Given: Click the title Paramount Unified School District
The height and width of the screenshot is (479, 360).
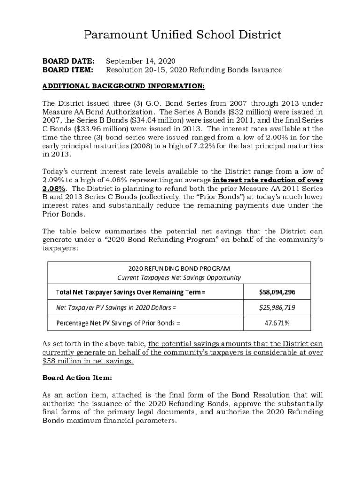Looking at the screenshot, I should click(182, 35).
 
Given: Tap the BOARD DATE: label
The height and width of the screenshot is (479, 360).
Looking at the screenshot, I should click(68, 61).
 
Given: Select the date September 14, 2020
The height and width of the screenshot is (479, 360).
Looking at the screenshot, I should click(140, 61).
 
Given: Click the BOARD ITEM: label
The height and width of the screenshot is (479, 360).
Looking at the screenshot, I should click(68, 70).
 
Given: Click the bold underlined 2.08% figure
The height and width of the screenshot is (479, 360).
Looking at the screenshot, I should click(53, 189).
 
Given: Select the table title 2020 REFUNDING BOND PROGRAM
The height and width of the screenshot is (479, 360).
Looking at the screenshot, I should click(179, 269).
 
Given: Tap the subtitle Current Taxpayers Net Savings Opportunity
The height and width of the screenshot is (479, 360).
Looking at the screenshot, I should click(179, 277).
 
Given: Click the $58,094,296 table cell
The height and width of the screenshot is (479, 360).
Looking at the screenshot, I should click(277, 292).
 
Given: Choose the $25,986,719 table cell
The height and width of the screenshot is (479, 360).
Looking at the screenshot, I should click(277, 307).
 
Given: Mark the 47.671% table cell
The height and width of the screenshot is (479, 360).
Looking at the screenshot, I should click(277, 323).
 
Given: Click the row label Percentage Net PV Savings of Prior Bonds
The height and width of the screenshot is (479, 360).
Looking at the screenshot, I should click(118, 323).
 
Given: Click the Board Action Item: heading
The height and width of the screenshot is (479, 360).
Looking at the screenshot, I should click(77, 377).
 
